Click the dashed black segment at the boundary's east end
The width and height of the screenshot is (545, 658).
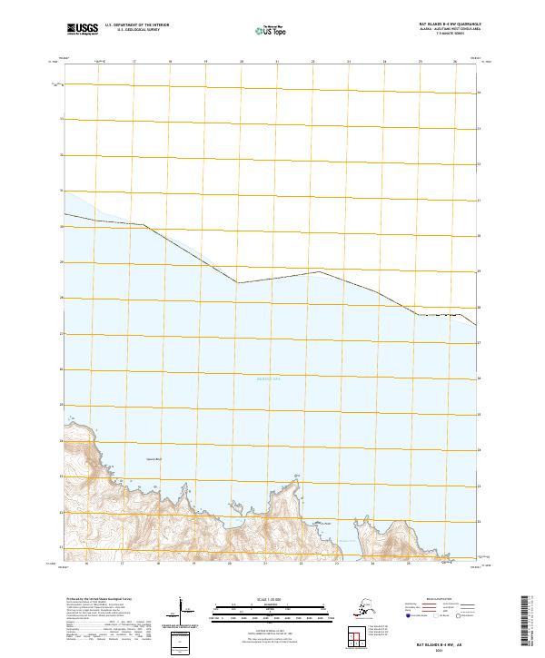tap(445, 315)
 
